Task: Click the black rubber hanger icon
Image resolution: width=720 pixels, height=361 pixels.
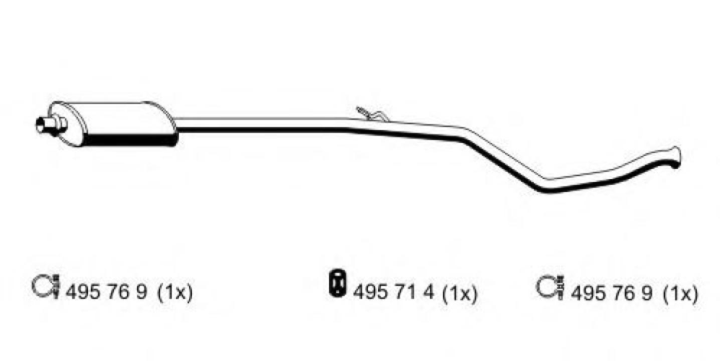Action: (337, 283)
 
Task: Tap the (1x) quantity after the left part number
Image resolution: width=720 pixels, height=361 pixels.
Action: (175, 293)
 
